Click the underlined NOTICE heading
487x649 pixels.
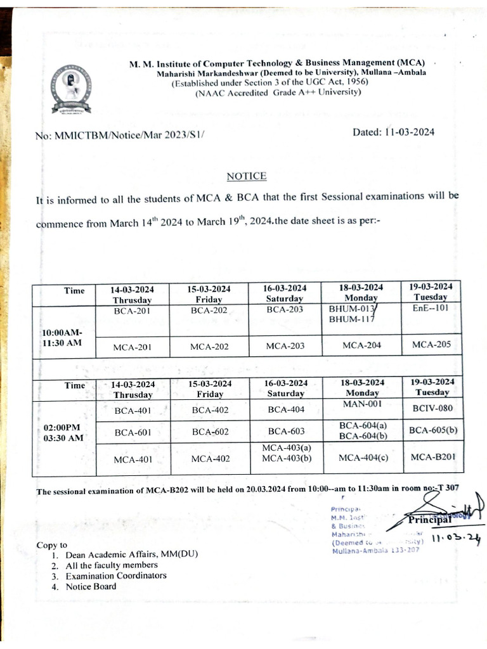point(247,176)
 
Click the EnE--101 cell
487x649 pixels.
point(431,309)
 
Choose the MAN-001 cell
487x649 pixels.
point(361,404)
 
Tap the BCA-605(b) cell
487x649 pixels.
point(433,430)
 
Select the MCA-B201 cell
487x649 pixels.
point(432,457)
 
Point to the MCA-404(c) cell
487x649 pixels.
point(362,458)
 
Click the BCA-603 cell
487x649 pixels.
point(286,432)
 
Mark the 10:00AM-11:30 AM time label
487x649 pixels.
point(62,338)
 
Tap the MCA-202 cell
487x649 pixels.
point(209,346)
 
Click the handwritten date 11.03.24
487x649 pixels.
point(455,539)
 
